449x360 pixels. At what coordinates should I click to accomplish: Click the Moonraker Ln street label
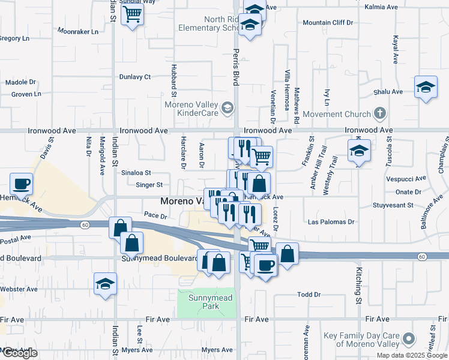(77, 30)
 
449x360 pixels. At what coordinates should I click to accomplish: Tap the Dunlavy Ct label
(134, 77)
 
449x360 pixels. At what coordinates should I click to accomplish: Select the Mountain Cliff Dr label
(328, 23)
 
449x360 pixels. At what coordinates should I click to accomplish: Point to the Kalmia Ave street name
(384, 8)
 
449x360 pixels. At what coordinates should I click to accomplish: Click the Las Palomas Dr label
(331, 221)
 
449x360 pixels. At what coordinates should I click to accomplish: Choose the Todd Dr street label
(309, 295)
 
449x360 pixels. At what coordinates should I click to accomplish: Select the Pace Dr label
(155, 214)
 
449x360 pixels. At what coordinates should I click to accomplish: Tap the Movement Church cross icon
(379, 113)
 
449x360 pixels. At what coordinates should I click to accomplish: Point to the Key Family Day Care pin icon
(409, 339)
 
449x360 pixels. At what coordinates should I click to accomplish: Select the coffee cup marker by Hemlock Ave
(22, 183)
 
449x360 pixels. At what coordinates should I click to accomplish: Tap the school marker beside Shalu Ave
(426, 87)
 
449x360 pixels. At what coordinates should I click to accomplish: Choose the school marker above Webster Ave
(105, 284)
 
